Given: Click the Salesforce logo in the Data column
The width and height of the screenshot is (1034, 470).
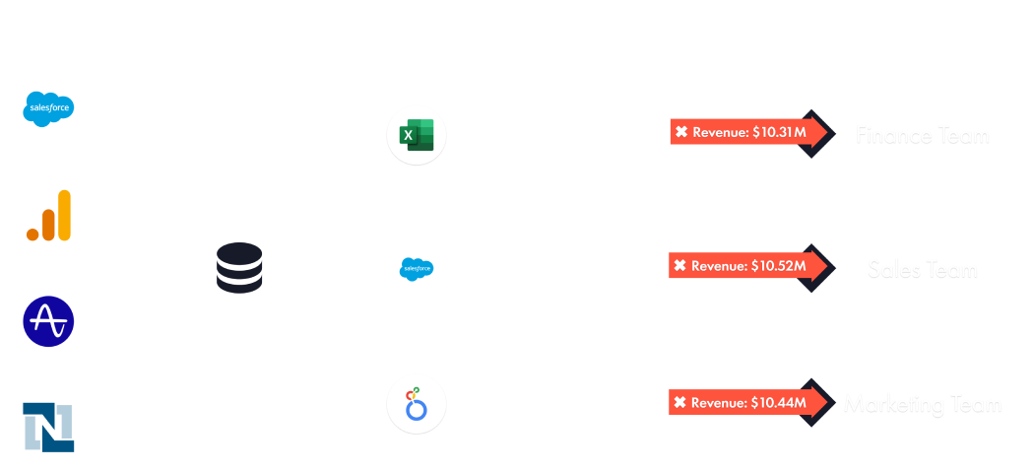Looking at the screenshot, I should [48, 108].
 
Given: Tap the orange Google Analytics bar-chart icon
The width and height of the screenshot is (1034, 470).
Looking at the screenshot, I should [48, 215].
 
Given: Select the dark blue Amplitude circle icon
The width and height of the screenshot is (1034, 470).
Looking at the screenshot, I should [48, 321].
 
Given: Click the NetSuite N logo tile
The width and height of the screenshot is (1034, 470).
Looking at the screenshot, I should [48, 427].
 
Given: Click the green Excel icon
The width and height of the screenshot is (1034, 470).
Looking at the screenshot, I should [417, 134].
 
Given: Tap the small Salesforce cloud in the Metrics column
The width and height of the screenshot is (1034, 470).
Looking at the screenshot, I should [417, 268].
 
